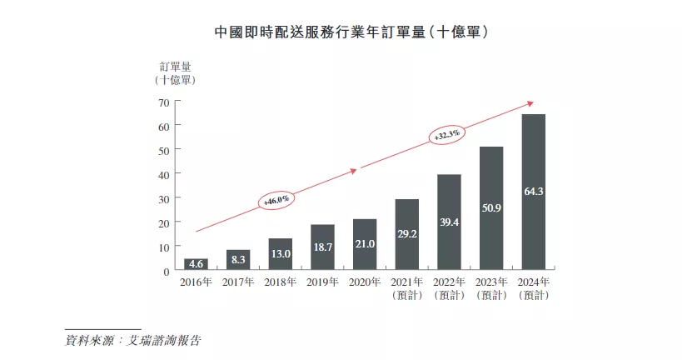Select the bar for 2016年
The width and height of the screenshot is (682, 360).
(x=196, y=264)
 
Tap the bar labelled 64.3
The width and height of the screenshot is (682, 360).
(x=533, y=192)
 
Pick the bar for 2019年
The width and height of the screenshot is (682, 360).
(x=322, y=247)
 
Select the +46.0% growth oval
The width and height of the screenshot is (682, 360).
(x=276, y=200)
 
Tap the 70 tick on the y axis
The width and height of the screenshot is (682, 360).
(x=163, y=102)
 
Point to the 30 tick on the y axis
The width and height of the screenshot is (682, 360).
(x=163, y=199)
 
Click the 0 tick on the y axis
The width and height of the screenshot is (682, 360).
(x=167, y=272)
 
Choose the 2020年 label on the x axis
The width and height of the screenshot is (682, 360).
(x=365, y=282)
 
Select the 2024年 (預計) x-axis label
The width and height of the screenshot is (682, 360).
(x=533, y=288)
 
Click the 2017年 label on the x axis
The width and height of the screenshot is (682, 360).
(x=238, y=282)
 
